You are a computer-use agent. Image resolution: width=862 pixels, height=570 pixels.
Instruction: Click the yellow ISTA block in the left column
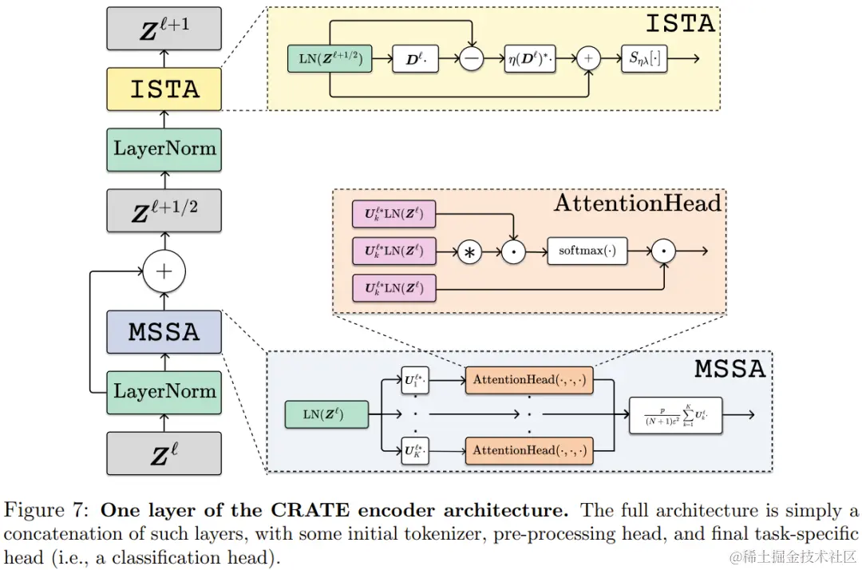point(164,89)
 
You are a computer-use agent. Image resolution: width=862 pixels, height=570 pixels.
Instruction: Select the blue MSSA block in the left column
point(164,331)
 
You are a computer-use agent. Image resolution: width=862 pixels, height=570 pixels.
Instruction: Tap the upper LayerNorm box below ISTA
point(164,148)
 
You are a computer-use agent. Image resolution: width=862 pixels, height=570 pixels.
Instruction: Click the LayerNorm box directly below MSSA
point(164,391)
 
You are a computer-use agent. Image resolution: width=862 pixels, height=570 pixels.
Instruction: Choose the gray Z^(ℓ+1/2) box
point(164,210)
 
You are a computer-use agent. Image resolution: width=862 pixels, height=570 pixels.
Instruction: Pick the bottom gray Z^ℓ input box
point(164,453)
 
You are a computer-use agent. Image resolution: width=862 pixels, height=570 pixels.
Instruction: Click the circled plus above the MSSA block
point(164,271)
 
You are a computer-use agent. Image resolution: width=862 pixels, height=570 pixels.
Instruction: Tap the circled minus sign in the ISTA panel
point(472,58)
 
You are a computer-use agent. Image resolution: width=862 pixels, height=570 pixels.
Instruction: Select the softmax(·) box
point(587,251)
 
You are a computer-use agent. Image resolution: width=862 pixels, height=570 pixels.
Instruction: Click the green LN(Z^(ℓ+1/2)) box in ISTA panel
point(330,58)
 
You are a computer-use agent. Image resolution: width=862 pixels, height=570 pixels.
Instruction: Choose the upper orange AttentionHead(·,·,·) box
point(529,380)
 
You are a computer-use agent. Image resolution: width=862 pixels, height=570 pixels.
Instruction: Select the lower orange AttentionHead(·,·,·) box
point(529,450)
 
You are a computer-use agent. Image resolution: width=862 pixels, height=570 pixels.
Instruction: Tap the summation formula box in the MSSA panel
point(675,415)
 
